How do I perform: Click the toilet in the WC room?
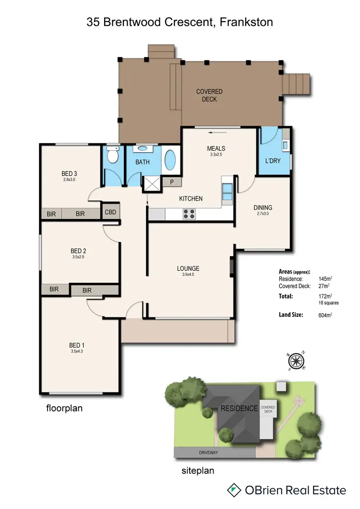click(x=113, y=156)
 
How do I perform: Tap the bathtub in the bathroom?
click(x=170, y=161)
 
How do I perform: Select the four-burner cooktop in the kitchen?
click(x=189, y=214)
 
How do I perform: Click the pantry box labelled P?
click(x=171, y=182)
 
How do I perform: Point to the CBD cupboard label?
click(x=110, y=212)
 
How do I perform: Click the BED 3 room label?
click(x=70, y=173)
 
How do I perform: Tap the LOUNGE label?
click(x=188, y=268)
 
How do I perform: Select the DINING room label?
click(x=263, y=207)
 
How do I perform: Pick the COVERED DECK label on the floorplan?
click(x=209, y=95)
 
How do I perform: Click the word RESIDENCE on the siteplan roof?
click(x=239, y=409)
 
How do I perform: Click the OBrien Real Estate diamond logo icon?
click(x=234, y=490)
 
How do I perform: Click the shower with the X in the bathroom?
click(x=152, y=184)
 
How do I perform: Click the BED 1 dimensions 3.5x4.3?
click(x=77, y=351)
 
